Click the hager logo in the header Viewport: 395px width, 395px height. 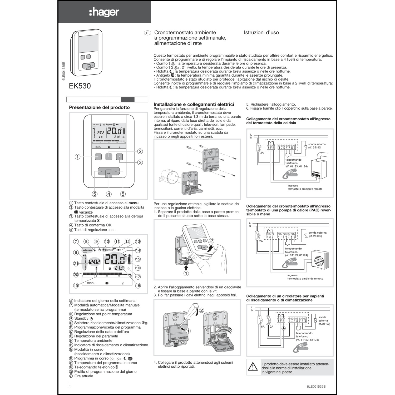(104, 12)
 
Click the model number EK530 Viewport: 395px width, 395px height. (80, 86)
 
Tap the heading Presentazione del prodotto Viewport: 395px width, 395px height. (99, 107)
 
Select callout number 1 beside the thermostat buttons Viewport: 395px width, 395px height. (77, 157)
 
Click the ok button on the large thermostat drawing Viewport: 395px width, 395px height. (109, 173)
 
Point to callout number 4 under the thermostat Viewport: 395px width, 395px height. (109, 194)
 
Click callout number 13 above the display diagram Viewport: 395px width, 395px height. (138, 241)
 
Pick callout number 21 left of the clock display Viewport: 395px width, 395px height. (76, 264)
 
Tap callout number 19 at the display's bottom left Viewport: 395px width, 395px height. (76, 286)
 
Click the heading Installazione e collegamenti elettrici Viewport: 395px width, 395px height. (194, 104)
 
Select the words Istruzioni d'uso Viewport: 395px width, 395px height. (261, 33)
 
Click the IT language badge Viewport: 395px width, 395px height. (147, 33)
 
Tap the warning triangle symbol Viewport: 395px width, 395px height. (253, 367)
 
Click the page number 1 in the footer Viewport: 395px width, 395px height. (70, 387)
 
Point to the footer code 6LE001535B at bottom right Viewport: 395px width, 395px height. (316, 387)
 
